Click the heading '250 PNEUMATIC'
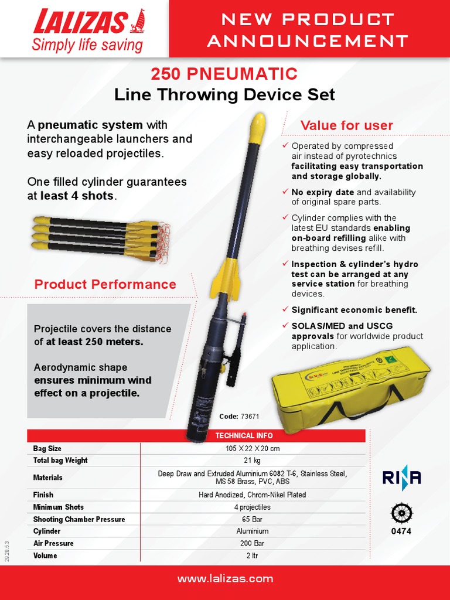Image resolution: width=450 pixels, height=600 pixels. (224, 74)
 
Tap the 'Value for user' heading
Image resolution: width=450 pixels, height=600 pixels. (346, 125)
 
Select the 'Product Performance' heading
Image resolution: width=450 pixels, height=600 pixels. (105, 284)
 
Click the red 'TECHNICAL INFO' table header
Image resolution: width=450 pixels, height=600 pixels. (243, 435)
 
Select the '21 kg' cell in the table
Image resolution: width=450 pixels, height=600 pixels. (252, 461)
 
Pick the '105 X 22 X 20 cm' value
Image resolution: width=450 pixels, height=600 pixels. (252, 448)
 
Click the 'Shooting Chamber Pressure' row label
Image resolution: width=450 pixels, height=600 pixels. (79, 519)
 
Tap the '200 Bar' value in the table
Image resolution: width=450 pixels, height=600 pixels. (252, 543)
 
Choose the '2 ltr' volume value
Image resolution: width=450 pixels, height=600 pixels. (252, 555)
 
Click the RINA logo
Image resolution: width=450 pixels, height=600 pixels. (402, 478)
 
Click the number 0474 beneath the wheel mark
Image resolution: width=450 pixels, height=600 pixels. (401, 531)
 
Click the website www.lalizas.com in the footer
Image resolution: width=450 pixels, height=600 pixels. (225, 579)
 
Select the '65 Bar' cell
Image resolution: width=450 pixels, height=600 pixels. (252, 519)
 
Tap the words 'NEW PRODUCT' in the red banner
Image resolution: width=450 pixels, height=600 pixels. (308, 19)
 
